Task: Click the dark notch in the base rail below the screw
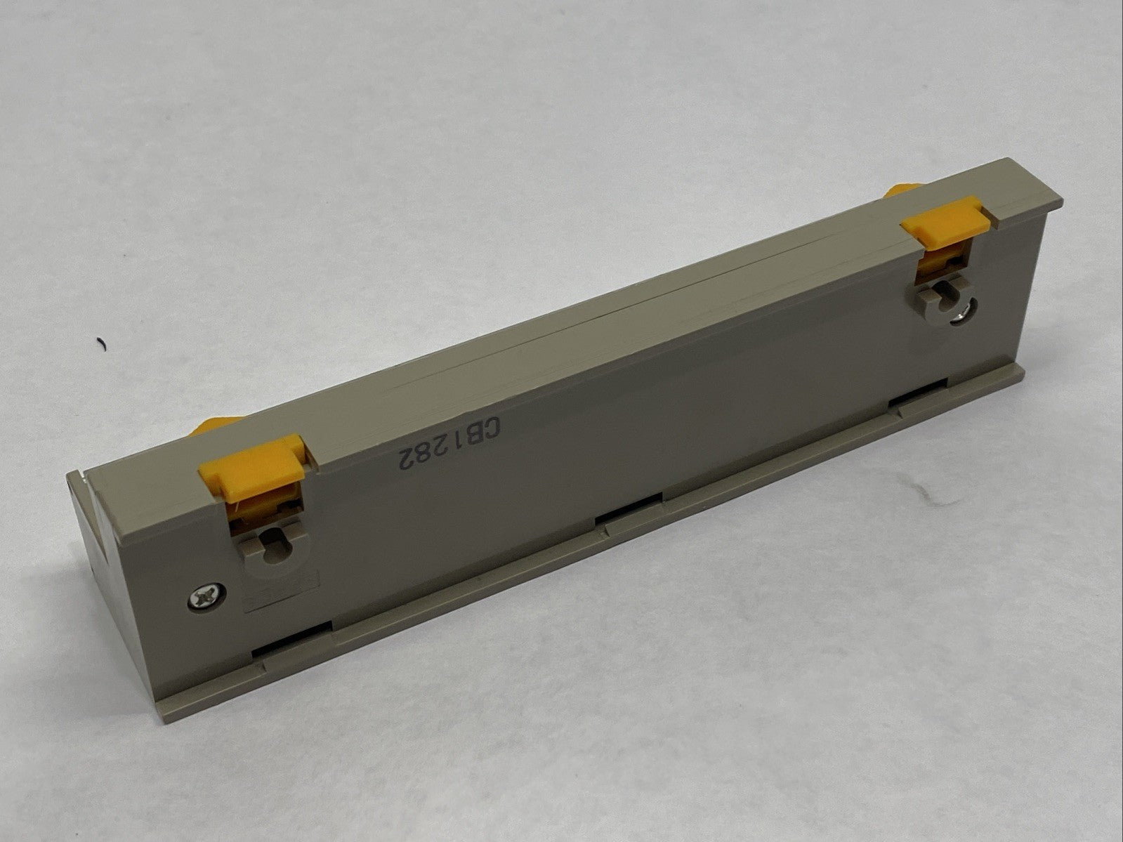pos(291,636)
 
